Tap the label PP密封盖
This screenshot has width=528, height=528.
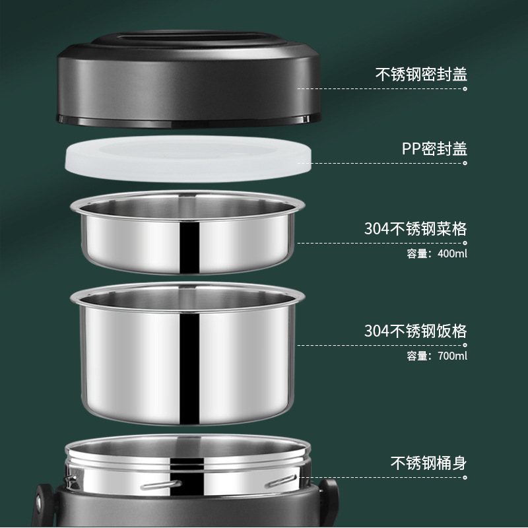(434, 148)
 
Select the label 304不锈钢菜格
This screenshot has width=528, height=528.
(416, 229)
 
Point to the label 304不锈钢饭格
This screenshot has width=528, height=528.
(416, 331)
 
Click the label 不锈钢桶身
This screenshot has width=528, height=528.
(428, 463)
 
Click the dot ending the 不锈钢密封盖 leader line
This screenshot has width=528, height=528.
(465, 88)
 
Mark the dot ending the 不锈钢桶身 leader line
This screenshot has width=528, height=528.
(465, 476)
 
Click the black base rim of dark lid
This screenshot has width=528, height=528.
(188, 122)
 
